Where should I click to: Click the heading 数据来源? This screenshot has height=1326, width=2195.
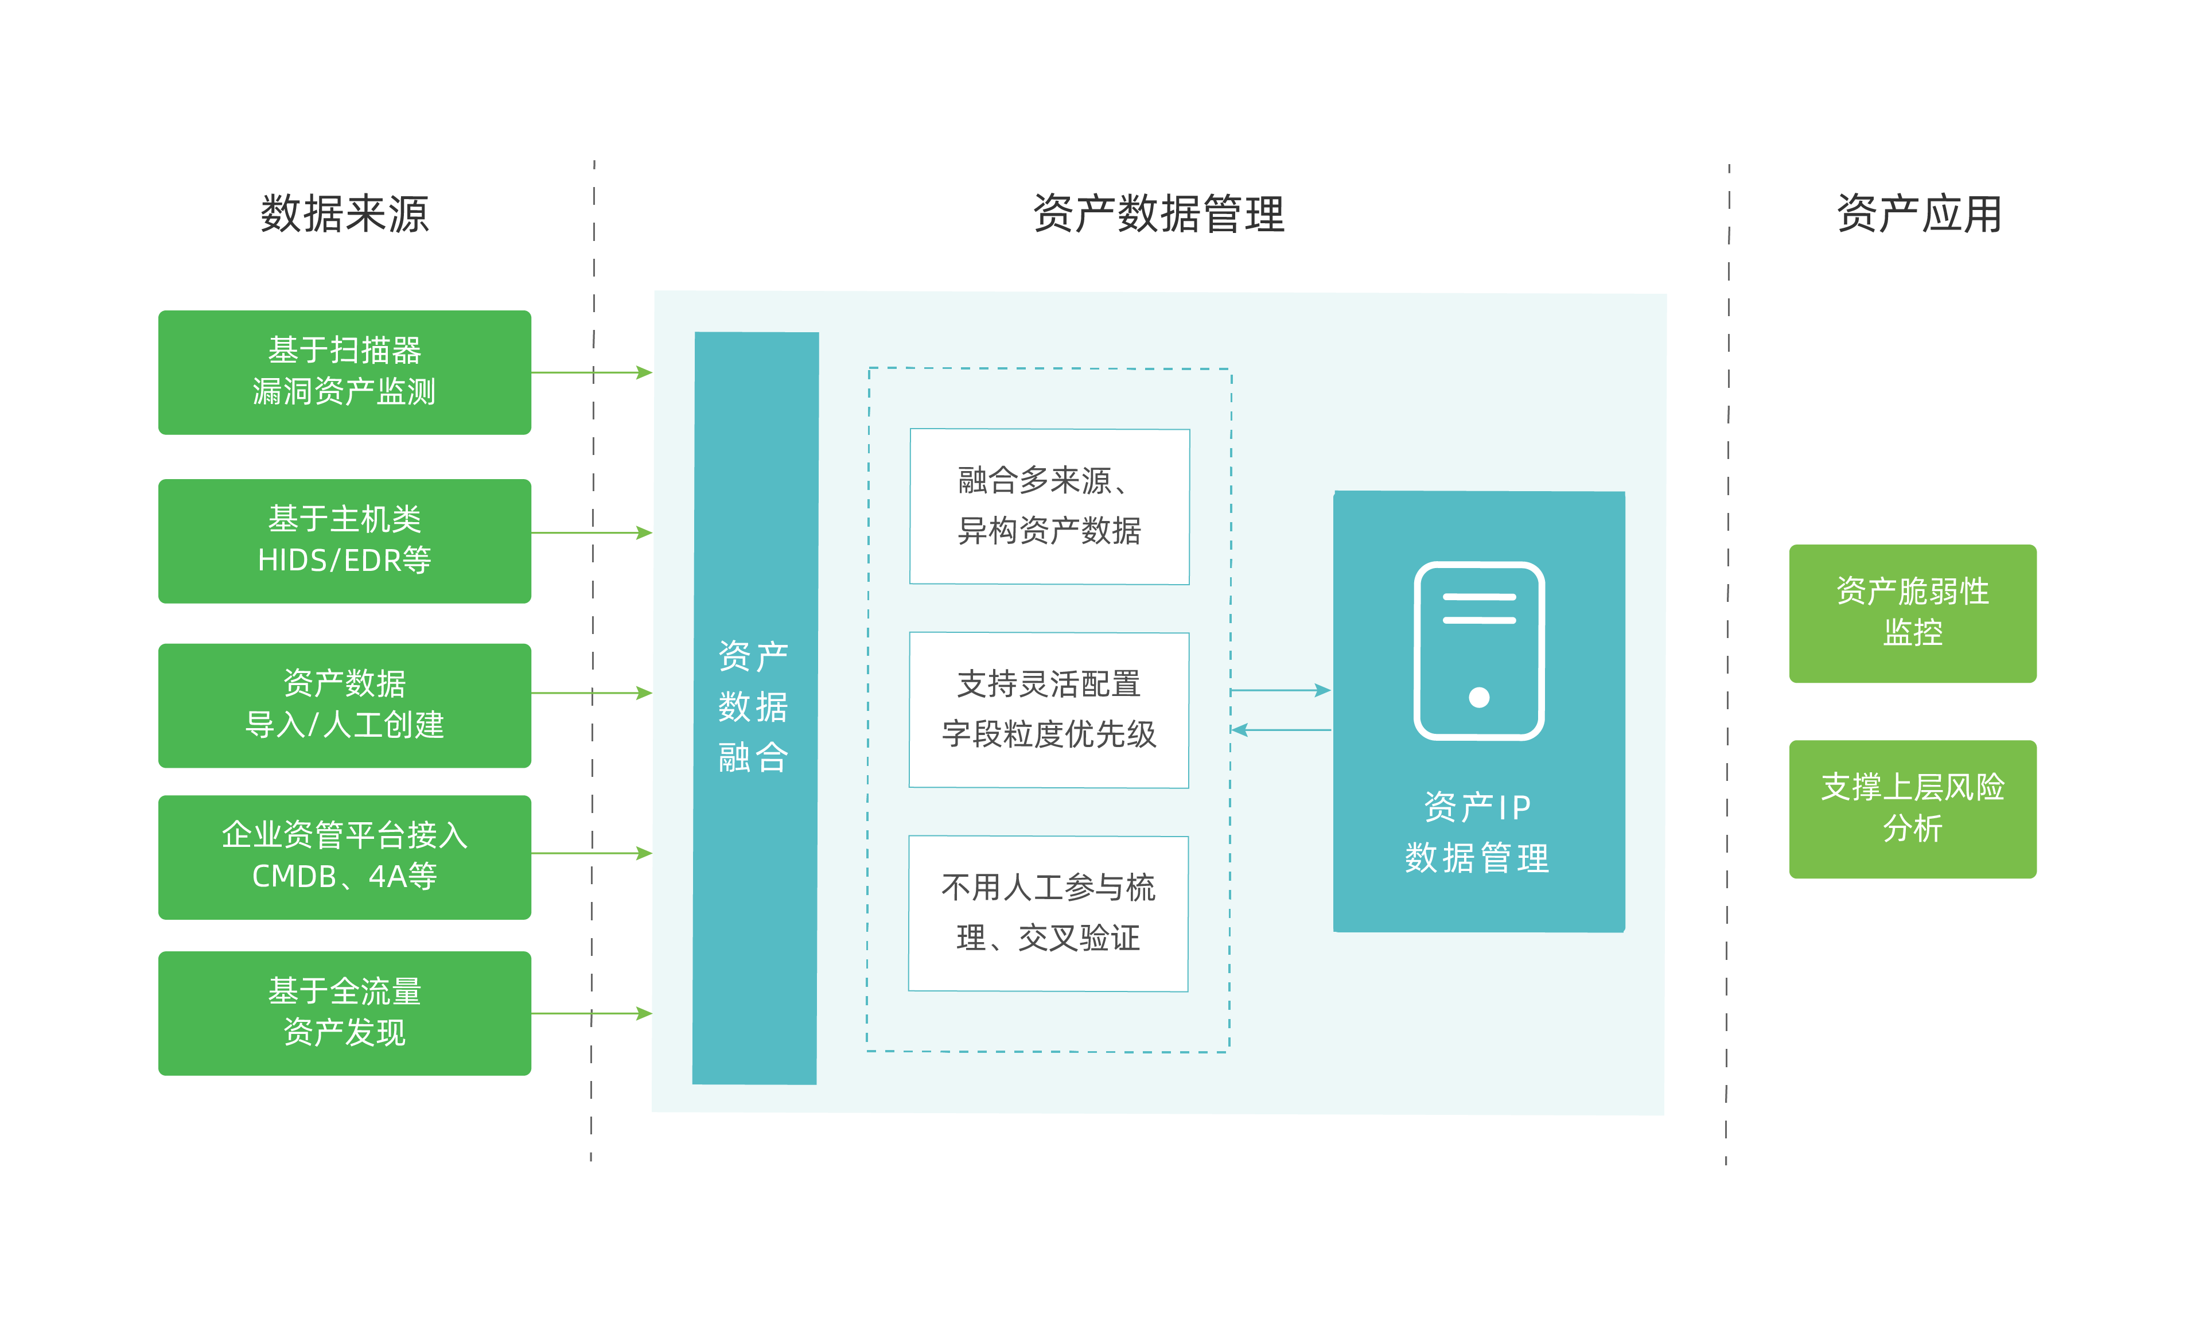point(345,214)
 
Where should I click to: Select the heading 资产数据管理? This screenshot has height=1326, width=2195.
point(1158,214)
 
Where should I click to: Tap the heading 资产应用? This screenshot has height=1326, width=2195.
point(1919,214)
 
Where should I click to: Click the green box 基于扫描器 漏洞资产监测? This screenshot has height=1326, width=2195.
point(345,372)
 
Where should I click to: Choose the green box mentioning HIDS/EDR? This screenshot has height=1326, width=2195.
point(345,541)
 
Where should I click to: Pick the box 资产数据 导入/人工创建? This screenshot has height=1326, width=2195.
point(345,705)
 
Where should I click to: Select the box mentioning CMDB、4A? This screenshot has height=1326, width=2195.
point(345,857)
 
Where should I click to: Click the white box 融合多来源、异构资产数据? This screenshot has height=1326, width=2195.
point(1049,506)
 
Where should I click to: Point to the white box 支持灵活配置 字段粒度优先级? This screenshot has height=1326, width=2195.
point(1049,709)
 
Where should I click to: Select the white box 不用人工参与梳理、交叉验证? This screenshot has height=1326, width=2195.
point(1048,912)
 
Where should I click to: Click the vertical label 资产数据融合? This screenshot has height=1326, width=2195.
point(753,707)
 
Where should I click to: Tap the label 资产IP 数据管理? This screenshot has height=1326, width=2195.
point(1477,833)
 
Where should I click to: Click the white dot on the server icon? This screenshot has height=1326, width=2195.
point(1479,697)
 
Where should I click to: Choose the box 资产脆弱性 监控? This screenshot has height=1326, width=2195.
point(1913,613)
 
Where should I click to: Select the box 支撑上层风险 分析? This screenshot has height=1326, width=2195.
point(1913,809)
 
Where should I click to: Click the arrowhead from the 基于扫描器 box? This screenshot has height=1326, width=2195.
point(644,372)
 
